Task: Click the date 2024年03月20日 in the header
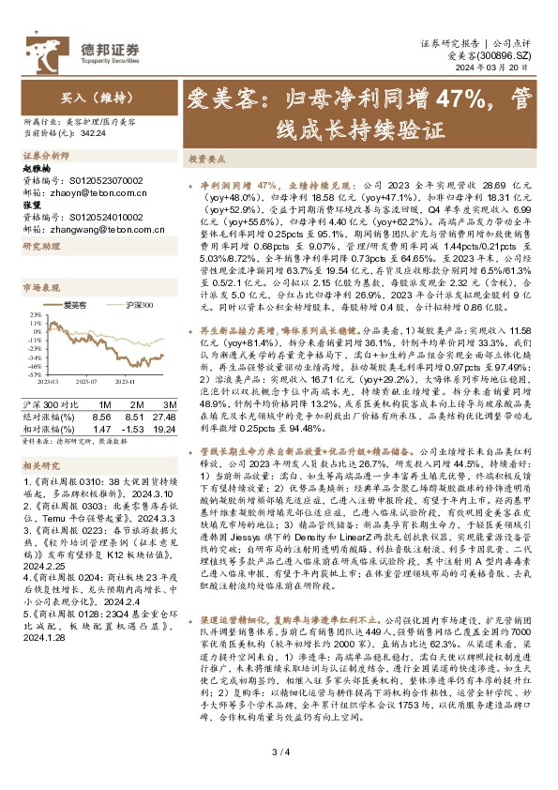[502, 68]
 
